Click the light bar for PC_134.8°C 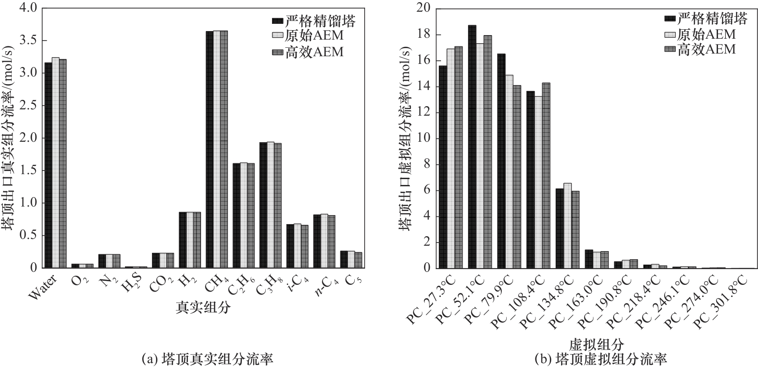(567, 225)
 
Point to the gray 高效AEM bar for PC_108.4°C (546, 175)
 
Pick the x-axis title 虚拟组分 (597, 345)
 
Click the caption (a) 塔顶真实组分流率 (207, 360)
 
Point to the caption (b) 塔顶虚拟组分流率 (601, 360)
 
